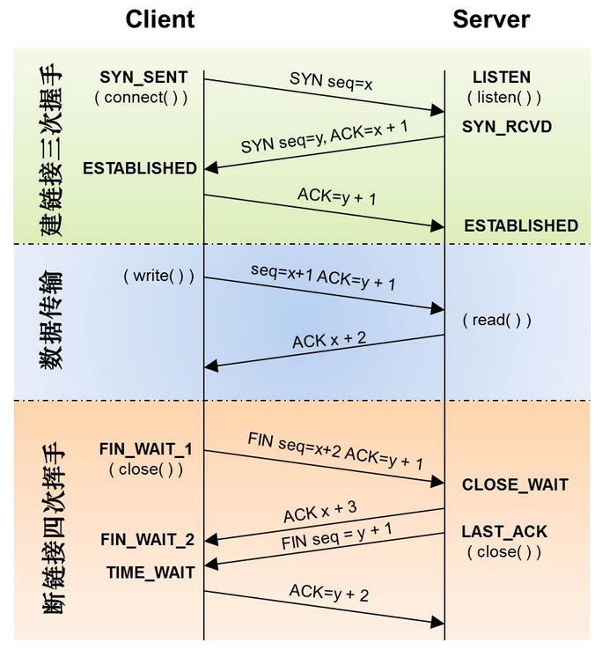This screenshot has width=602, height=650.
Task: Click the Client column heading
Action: pyautogui.click(x=159, y=19)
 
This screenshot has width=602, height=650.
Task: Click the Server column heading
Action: pyautogui.click(x=491, y=19)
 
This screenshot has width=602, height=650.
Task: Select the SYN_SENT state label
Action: pyautogui.click(x=144, y=78)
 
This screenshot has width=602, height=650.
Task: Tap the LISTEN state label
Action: pyautogui.click(x=502, y=78)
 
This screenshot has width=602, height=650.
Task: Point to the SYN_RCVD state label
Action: pyautogui.click(x=507, y=127)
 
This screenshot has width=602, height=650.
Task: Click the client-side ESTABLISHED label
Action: pyautogui.click(x=140, y=168)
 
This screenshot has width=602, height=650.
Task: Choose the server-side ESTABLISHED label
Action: pyautogui.click(x=521, y=225)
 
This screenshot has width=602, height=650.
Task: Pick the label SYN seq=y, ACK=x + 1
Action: pyautogui.click(x=325, y=136)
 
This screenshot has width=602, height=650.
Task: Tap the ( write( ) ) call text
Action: pyautogui.click(x=159, y=276)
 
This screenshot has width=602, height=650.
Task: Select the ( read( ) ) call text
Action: pyautogui.click(x=497, y=320)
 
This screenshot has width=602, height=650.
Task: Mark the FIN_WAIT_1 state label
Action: pyautogui.click(x=146, y=450)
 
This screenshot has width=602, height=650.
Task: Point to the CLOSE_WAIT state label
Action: pyautogui.click(x=515, y=484)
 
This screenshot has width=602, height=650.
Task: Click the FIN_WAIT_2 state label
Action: pyautogui.click(x=147, y=539)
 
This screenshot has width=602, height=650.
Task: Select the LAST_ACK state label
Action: pyautogui.click(x=504, y=531)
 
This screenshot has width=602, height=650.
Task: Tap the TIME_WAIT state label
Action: pyautogui.click(x=150, y=572)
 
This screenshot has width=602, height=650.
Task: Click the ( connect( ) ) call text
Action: pyautogui.click(x=142, y=97)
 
